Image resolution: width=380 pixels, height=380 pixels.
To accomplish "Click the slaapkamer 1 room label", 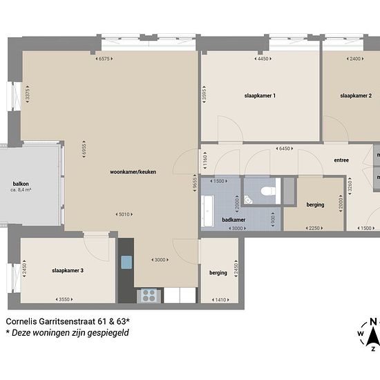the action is tap(260, 96).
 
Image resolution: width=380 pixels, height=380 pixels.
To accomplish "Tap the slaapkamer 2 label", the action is tap(356, 96).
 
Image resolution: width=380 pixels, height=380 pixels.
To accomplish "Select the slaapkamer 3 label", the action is tap(68, 270).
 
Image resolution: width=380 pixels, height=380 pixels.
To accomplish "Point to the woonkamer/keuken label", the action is tap(133, 172).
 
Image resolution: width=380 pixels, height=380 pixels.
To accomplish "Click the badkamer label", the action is tap(234, 220).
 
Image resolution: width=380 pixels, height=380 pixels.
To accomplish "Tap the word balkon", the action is tap(21, 184).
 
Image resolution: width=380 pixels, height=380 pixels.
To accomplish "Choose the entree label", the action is tap(341, 160).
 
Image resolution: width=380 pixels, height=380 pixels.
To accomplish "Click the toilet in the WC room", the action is tap(268, 191).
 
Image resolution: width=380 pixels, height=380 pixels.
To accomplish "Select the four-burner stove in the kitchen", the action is tap(149, 296).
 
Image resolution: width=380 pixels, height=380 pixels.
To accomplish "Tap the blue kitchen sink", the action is tap(126, 263).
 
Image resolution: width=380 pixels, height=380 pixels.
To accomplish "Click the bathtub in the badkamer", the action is tap(207, 211).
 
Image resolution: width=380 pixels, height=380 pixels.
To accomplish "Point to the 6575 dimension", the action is tap(104, 59).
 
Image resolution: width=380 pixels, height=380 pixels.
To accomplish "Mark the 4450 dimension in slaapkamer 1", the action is tap(263, 59).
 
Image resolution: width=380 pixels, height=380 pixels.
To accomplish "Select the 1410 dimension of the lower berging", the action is tap(220, 300).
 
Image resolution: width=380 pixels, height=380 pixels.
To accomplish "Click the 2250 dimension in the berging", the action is tap(314, 228).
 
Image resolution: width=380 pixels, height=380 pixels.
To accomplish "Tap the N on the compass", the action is tap(373, 322).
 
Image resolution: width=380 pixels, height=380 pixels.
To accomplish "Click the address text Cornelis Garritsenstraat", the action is tap(50, 321).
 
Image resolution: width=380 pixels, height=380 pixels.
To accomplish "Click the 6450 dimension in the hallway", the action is tap(285, 149).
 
